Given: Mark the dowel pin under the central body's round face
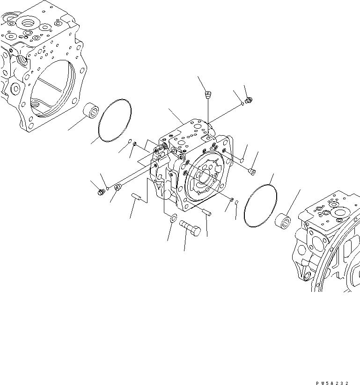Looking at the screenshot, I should [208, 213].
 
